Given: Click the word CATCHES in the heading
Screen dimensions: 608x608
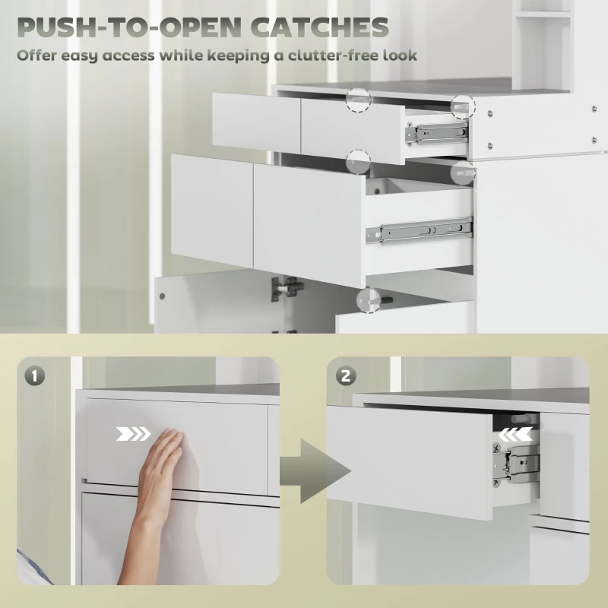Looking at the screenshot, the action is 319,27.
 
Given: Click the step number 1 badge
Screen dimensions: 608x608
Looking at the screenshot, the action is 35,375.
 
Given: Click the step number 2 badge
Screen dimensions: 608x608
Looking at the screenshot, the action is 346,375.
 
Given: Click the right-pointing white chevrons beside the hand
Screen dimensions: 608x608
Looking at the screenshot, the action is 134,434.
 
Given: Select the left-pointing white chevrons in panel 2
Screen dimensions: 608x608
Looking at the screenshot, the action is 515,435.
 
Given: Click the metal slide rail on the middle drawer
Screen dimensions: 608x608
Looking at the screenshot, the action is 420,231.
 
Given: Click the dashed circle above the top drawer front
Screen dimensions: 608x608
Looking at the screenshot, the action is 359,100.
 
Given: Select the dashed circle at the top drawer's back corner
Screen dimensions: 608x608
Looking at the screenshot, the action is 463,106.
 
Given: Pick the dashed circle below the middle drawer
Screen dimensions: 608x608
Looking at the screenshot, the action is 369,300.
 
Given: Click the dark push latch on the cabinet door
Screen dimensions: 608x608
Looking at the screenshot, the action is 288,287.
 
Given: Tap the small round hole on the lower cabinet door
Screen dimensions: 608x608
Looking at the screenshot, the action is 162,296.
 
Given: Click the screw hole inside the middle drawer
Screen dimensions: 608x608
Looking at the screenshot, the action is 377,191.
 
